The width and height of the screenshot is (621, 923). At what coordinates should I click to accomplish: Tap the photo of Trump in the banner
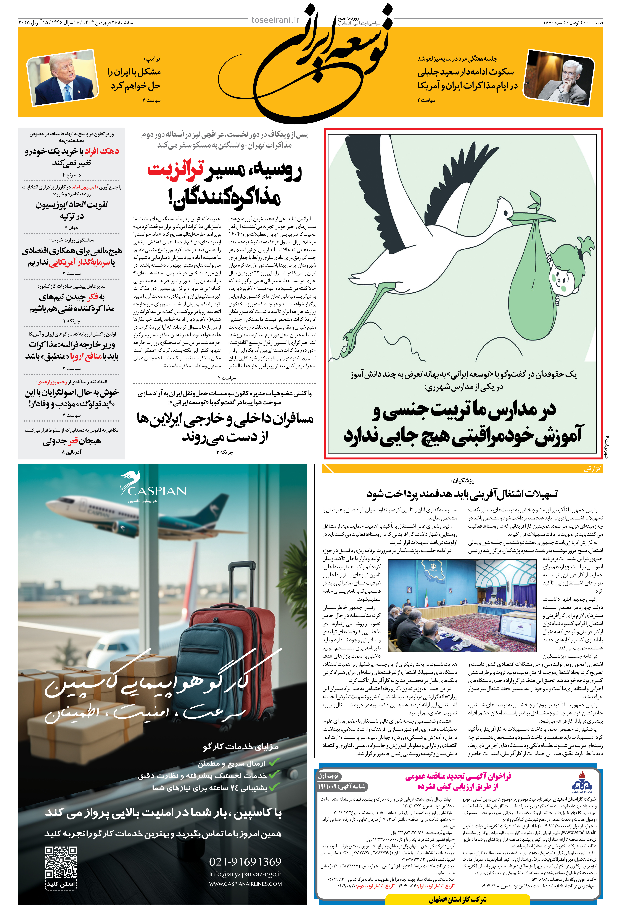[63, 78]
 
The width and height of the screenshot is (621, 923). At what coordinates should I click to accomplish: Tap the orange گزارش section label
[592, 469]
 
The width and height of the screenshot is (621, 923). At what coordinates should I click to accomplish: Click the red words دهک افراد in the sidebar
[101, 151]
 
